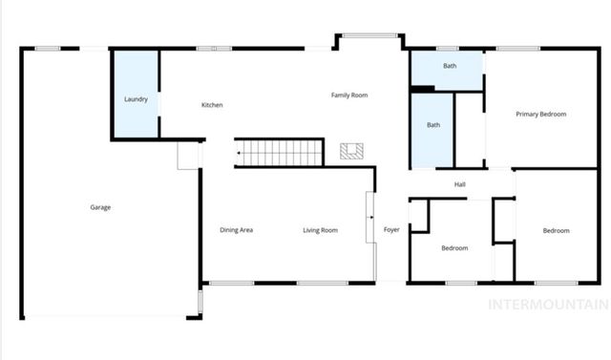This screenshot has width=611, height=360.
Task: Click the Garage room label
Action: coord(100,207)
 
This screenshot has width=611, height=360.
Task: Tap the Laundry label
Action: coord(136,99)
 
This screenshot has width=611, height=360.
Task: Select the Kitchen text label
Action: coord(212,105)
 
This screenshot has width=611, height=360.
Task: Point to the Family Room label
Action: coord(349,95)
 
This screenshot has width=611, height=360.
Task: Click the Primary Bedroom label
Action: coord(541,115)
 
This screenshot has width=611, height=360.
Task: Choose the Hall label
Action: coord(459,184)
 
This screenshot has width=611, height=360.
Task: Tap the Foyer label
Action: coord(391,230)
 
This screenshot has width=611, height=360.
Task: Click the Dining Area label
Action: coord(236,230)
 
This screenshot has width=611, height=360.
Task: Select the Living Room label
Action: coord(321,230)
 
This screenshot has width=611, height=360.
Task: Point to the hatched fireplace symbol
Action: coord(351,151)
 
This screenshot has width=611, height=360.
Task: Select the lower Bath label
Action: coord(433,125)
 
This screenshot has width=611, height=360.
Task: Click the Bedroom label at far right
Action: coord(557,230)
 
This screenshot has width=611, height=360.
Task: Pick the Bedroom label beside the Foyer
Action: coord(454,248)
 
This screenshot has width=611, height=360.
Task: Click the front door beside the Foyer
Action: coord(369,218)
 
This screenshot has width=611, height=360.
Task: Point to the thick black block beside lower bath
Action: coord(422,90)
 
